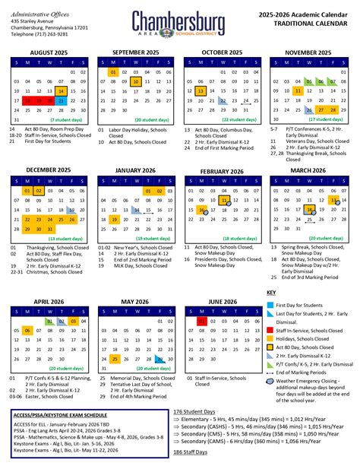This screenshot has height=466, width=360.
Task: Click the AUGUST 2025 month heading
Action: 49,52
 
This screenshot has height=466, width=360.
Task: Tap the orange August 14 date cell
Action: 61,90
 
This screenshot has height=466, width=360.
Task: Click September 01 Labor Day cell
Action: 113,71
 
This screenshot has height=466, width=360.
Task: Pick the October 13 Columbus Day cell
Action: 201,90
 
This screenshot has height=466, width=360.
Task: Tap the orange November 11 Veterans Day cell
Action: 298,90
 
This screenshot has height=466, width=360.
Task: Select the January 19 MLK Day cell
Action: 113,219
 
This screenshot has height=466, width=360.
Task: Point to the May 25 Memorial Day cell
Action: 113,338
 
